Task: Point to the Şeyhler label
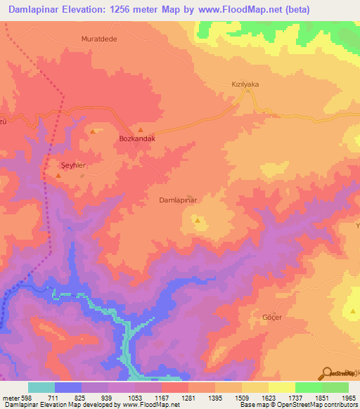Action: (72, 165)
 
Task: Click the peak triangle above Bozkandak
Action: (141, 130)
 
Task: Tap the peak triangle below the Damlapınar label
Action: (198, 221)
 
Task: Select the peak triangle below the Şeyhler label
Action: (58, 174)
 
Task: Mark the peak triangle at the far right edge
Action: (353, 310)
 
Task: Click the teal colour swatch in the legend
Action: (41, 387)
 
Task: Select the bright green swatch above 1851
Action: (308, 387)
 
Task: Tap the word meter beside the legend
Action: (11, 397)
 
